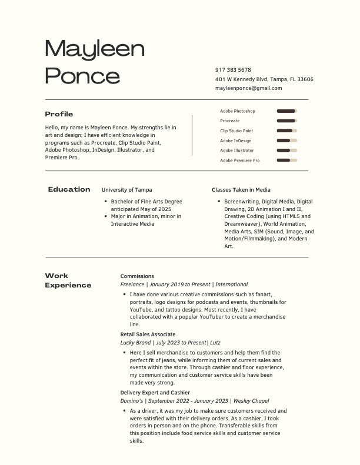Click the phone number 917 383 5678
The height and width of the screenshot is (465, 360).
coord(233,70)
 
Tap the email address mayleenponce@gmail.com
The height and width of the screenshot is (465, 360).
coord(248,88)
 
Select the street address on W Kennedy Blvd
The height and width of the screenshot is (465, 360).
coord(264,79)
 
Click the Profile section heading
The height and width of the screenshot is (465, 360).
coord(59,114)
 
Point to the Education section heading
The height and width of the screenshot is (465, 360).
coord(69,189)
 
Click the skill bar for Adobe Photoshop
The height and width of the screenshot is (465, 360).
coord(286,111)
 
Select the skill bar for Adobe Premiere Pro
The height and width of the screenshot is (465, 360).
coord(286,160)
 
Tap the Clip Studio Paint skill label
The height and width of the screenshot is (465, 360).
coord(236,131)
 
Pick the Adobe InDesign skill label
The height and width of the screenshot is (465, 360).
coord(235,140)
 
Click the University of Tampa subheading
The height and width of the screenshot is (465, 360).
coord(126,190)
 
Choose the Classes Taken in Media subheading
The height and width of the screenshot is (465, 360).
coord(241,190)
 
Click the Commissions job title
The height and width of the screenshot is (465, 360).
coord(137,276)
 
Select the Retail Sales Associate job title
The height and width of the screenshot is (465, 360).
coord(148,334)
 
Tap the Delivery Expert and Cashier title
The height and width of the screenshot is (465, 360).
coord(155,392)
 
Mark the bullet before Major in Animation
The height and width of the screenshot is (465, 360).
coord(105,216)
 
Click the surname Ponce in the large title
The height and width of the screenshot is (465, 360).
coord(82,75)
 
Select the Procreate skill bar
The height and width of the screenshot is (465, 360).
coord(286,121)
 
